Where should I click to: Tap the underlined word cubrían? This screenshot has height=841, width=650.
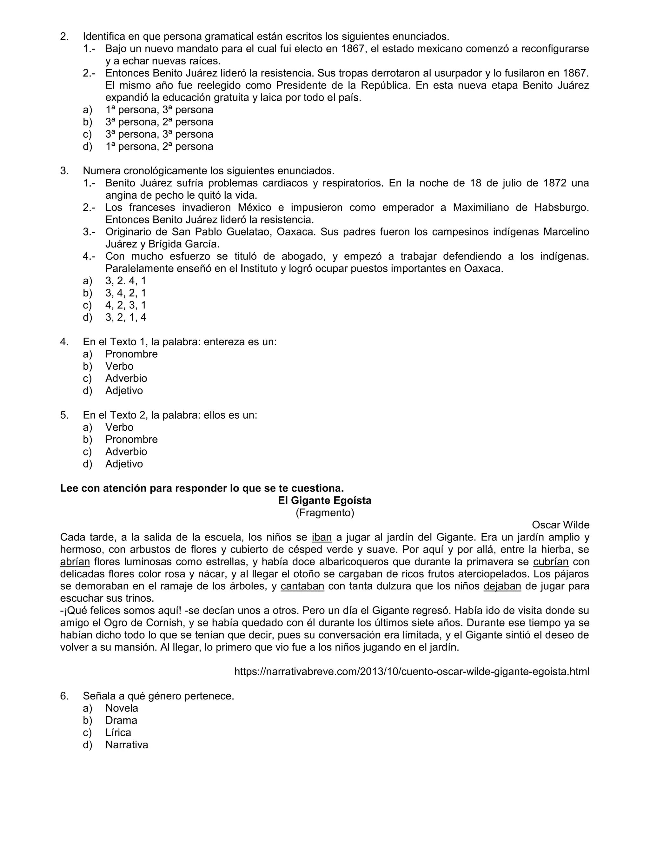click(551, 561)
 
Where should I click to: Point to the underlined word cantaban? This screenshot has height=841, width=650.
click(302, 586)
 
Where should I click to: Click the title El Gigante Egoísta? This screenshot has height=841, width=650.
click(325, 500)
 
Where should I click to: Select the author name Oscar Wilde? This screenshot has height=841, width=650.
click(560, 525)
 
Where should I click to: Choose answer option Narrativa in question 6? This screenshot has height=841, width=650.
click(127, 745)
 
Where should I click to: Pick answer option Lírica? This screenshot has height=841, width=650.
click(118, 732)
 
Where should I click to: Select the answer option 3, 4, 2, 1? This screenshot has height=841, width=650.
click(126, 293)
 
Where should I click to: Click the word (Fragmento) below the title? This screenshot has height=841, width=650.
click(325, 513)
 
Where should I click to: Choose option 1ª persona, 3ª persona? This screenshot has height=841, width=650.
click(159, 110)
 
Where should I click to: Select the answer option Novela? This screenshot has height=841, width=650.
click(122, 708)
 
